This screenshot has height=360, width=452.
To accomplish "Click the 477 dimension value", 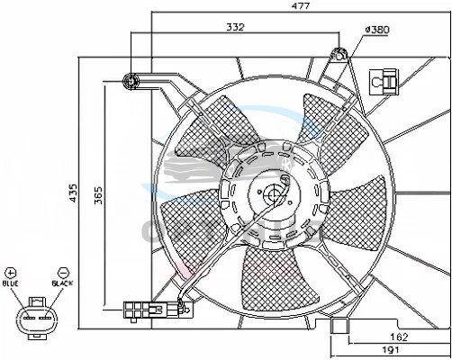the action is (301, 5).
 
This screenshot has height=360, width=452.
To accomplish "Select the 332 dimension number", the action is (235, 27).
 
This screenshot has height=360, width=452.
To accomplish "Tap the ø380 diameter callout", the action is (377, 30).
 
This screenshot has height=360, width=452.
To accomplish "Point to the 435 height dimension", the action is (73, 193).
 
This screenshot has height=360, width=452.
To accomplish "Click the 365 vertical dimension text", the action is (98, 195).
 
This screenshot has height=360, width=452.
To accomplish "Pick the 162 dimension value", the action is (399, 337).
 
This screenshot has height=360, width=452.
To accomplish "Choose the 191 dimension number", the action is (390, 349).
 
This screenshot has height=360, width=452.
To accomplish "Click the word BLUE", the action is (11, 283).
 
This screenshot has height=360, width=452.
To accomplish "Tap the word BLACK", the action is (62, 283).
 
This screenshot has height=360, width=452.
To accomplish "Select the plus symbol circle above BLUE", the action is (11, 273).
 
